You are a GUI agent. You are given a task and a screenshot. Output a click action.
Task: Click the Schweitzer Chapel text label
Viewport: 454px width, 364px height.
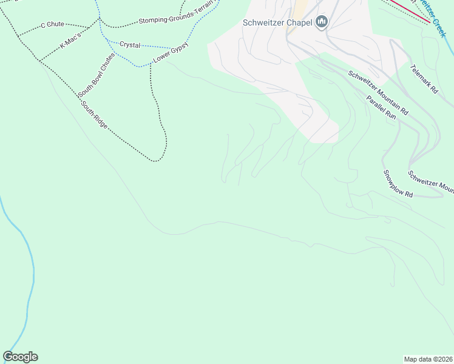tap(277, 23)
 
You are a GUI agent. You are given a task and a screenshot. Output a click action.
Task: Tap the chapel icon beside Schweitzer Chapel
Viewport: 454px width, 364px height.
tap(322, 23)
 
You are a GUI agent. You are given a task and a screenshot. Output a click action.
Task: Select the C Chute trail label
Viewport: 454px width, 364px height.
tap(52, 25)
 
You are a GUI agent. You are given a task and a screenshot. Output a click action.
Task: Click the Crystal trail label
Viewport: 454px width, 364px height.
tap(130, 45)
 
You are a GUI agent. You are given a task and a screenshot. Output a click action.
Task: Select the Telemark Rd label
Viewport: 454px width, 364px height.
tap(424, 79)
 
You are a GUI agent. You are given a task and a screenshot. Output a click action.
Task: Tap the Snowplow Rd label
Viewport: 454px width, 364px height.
tap(398, 183)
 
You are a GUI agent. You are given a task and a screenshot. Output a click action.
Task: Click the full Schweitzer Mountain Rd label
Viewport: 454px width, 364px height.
tap(378, 93)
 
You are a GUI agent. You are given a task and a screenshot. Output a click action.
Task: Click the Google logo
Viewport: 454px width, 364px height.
tap(20, 357)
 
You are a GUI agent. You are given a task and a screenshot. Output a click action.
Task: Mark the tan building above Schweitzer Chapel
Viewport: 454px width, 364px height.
tap(300, 8)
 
